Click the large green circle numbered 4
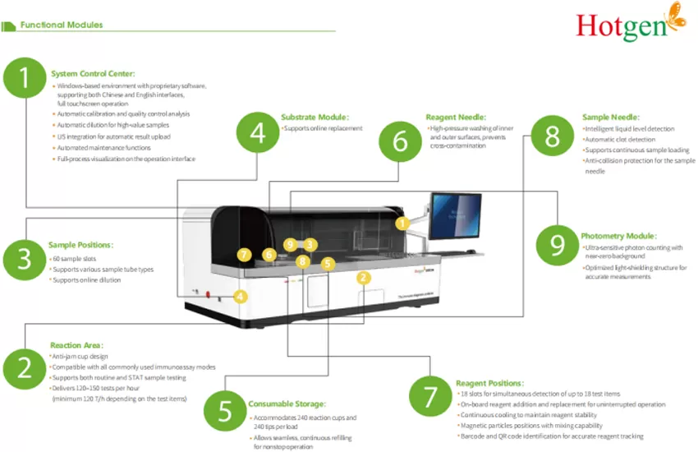pos(258,132)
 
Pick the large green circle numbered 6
pos(400,141)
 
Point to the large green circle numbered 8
pos(552,136)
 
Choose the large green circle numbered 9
pos(557,243)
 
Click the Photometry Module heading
pos(618,237)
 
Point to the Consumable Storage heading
pos(287,404)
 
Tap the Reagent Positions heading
pos(489,383)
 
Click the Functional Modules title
pos(62,25)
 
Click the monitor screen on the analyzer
pos(455,215)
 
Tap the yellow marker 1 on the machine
pos(401,223)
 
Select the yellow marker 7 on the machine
pos(243,254)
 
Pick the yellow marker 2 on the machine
pos(363,278)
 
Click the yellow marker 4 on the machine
pos(240,296)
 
